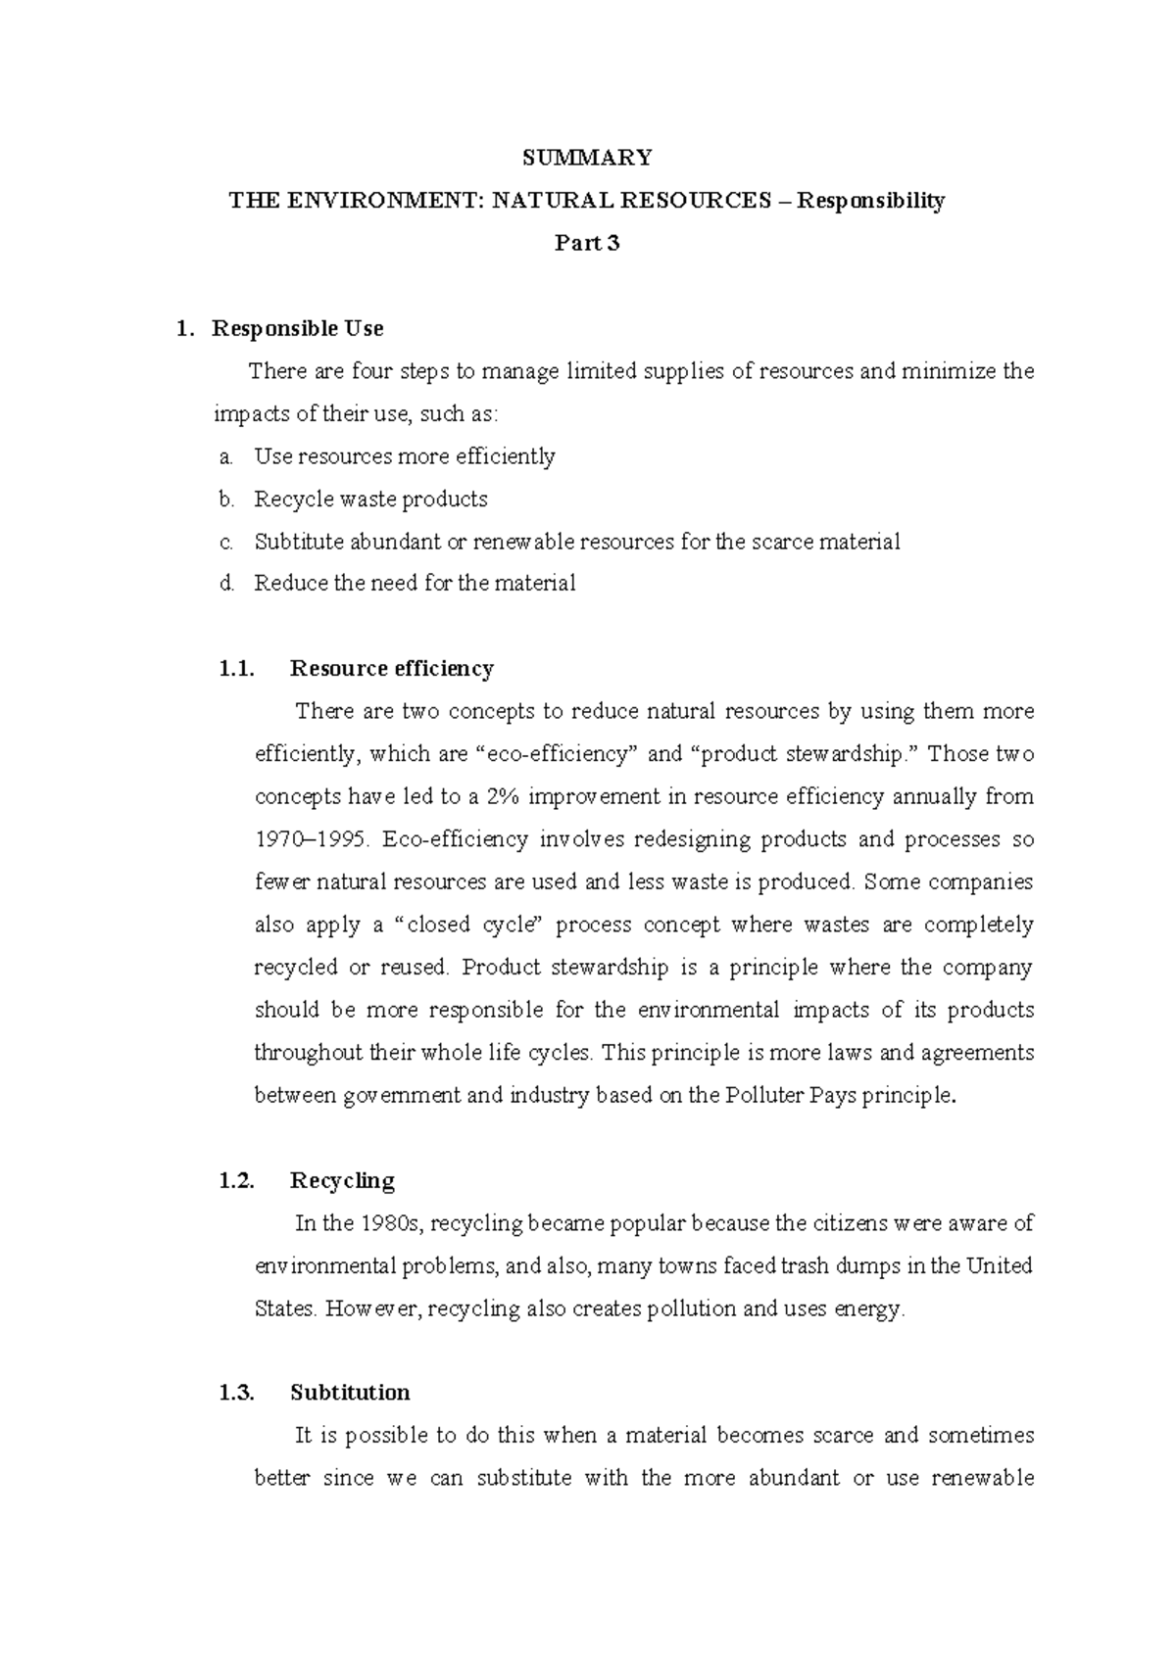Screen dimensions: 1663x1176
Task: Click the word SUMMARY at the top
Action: point(587,158)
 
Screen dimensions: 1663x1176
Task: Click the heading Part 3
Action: point(587,244)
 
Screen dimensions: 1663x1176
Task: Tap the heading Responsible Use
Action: point(297,328)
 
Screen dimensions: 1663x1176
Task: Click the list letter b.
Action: point(225,499)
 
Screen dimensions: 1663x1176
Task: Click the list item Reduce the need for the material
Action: point(415,584)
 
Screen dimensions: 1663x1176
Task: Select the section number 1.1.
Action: point(236,669)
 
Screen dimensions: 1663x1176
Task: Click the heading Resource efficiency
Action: point(391,669)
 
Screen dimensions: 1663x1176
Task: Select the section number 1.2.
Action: point(236,1180)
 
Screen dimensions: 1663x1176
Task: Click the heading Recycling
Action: point(342,1180)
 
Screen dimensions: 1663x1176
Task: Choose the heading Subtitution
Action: point(350,1393)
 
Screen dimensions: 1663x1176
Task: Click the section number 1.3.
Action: point(236,1393)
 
